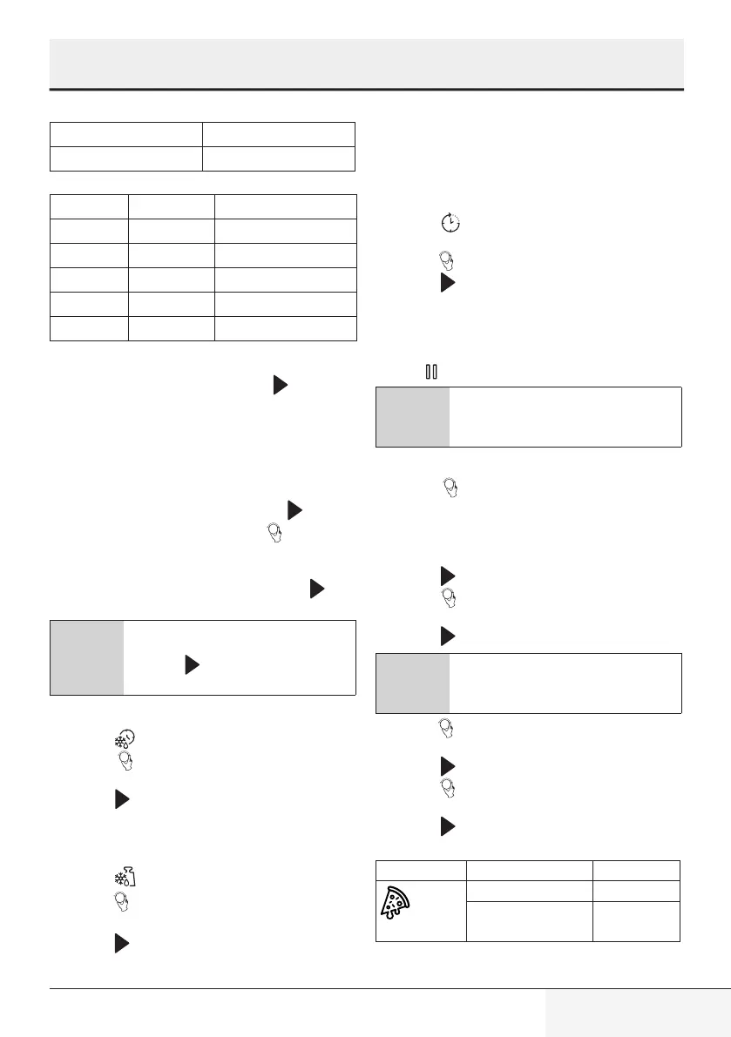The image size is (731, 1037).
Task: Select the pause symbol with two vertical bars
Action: coord(430,372)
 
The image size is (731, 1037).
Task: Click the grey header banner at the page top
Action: coord(366,63)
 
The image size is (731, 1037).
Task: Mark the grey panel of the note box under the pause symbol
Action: coord(413,417)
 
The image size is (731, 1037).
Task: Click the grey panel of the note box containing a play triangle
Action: coord(86,657)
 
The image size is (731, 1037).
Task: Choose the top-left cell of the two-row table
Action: coord(126,134)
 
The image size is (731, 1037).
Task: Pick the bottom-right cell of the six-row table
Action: coord(286,328)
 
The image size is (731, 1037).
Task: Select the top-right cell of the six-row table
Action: coord(286,206)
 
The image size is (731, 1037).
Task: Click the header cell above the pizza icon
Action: coord(420,869)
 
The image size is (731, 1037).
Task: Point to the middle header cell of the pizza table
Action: coord(529,869)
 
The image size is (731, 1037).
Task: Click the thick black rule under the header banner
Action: coord(366,90)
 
